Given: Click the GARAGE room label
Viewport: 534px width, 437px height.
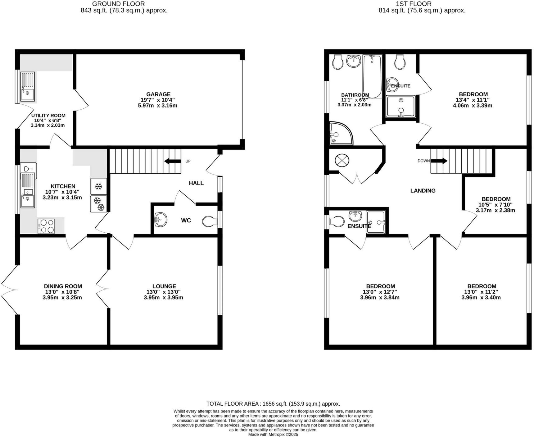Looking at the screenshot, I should click(158, 94).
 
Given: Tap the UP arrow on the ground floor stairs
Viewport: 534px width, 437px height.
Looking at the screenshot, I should click(173, 161).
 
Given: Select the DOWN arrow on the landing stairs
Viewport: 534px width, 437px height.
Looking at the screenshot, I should click(439, 161).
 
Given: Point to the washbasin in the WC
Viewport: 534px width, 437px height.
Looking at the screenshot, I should click(161, 220).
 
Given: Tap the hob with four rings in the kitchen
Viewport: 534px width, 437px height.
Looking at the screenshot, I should click(46, 226).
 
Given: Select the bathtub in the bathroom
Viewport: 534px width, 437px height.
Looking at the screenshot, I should click(372, 77).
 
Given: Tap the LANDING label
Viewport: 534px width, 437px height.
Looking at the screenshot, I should click(423, 191).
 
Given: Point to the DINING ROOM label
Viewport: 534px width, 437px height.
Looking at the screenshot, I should click(63, 286).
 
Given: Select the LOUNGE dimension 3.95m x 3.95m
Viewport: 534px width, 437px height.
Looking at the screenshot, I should click(163, 298).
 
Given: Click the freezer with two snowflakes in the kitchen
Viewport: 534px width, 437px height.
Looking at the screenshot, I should click(98, 204).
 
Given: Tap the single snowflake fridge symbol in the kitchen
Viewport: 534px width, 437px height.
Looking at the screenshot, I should click(98, 186).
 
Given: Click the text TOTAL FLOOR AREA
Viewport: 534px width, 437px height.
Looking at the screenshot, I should click(233, 404).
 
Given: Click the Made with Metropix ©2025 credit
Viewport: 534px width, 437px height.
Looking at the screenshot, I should click(273, 435).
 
